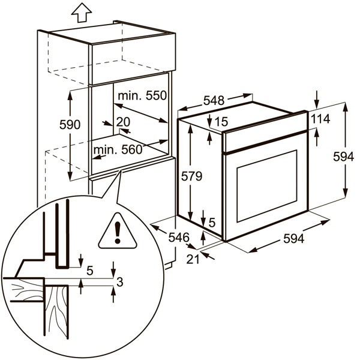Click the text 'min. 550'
tap(142, 95)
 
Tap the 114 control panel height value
tap(320, 119)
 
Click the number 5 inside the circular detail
tap(90, 270)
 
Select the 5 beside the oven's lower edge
tap(212, 221)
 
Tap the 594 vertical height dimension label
tap(343, 156)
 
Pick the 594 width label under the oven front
tap(293, 238)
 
